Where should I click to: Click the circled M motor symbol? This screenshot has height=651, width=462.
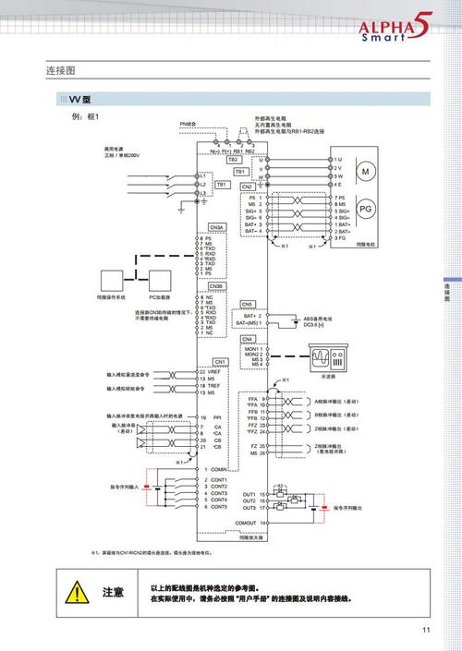364,173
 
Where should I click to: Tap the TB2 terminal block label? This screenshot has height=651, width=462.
233,159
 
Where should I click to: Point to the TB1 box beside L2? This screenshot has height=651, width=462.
222,184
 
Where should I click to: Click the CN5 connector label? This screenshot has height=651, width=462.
247,304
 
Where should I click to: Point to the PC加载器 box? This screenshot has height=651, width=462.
162,280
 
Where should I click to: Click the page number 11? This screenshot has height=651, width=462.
426,631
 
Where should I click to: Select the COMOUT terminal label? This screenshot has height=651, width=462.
245,523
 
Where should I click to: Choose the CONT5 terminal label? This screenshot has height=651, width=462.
219,506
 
